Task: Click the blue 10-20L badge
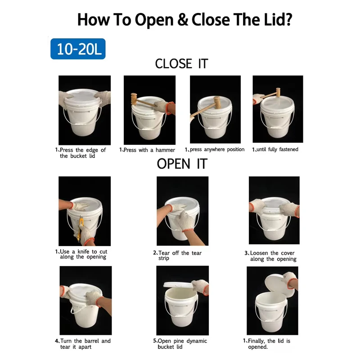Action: click(77, 49)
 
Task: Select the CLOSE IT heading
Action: click(181, 64)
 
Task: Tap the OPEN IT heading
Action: click(181, 164)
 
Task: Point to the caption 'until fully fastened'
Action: click(275, 149)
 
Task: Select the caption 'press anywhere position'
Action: click(215, 149)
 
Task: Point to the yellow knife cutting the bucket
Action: click(81, 227)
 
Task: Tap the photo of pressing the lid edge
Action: click(85, 110)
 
